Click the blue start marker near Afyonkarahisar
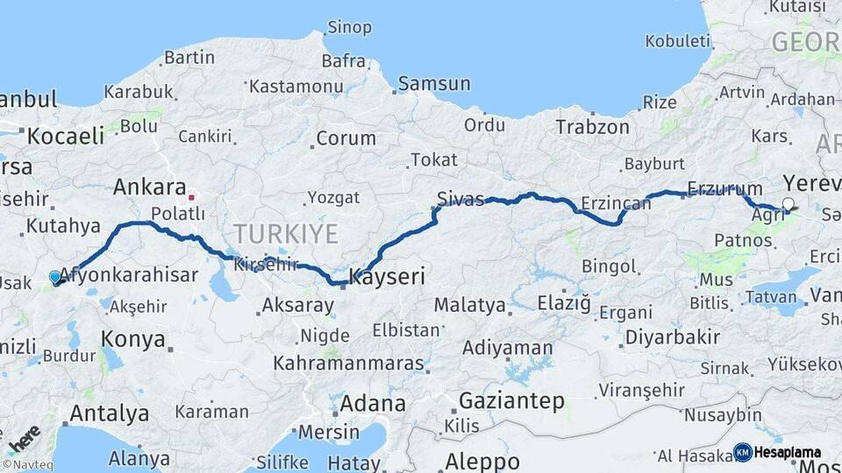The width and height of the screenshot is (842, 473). click(x=55, y=278)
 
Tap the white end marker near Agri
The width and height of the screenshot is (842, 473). click(x=788, y=204)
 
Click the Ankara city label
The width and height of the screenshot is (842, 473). click(x=149, y=187)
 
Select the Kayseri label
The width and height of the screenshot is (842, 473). click(x=387, y=278)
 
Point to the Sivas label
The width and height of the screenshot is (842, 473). click(x=460, y=200)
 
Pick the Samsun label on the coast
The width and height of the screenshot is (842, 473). click(x=433, y=85)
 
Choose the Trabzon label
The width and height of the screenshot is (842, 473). click(x=592, y=127)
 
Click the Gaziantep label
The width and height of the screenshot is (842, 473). click(x=510, y=401)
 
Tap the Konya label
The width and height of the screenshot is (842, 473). click(x=133, y=339)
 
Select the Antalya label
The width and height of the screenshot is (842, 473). click(x=109, y=413)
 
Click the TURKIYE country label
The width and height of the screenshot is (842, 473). click(x=285, y=234)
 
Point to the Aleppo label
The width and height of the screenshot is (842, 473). click(x=482, y=461)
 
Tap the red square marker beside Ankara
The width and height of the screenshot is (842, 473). click(x=191, y=197)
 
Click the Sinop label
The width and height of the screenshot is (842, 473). click(x=349, y=27)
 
